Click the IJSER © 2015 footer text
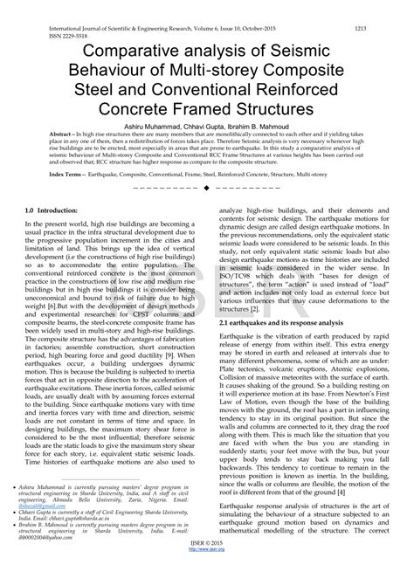point(208,568)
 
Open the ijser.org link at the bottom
point(208,576)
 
